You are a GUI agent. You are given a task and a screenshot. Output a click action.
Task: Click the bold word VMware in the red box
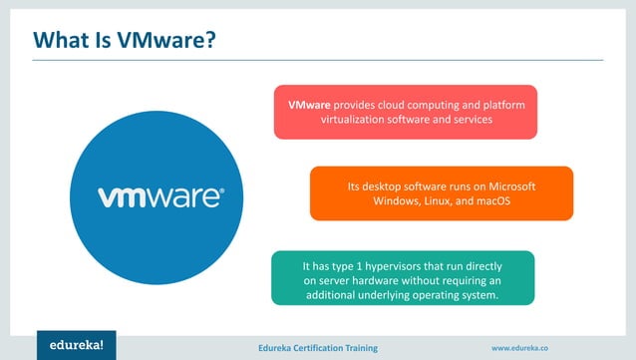point(309,104)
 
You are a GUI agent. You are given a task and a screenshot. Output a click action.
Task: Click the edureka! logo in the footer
point(77,344)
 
